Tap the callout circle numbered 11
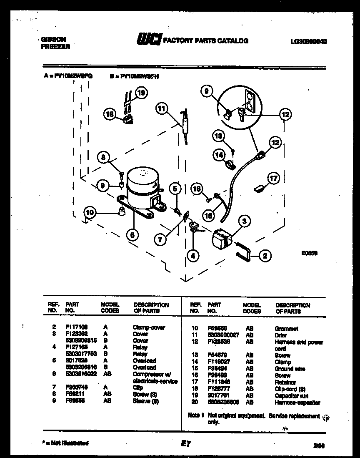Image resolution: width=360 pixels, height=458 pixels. pos(161,109)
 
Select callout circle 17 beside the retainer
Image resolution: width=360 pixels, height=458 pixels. pos(273,179)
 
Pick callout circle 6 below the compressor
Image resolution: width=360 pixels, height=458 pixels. pos(132,235)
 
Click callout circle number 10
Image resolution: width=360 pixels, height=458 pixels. pos(89,213)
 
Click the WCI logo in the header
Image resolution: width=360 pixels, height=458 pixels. pos(149,40)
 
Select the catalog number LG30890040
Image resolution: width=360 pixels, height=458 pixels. pos(308,41)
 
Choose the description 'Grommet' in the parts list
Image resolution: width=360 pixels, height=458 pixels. pos(286,329)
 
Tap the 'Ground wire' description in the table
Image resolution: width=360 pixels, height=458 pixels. pos(290,369)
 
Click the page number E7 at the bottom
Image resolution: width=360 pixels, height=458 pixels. pos(185,444)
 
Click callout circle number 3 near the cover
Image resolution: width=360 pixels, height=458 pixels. pos(245,221)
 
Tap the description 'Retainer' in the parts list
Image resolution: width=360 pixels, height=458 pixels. pos(285,382)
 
